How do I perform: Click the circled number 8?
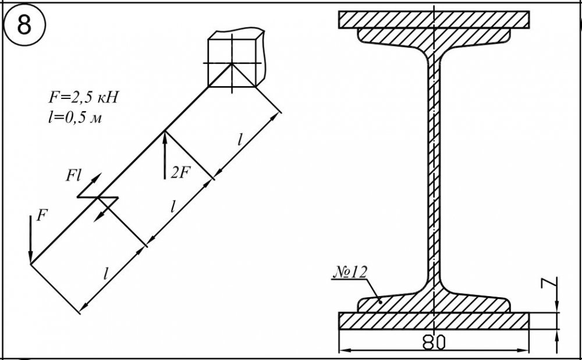pyautogui.click(x=24, y=25)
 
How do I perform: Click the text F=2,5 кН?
pyautogui.click(x=84, y=98)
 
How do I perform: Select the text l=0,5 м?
pyautogui.click(x=75, y=118)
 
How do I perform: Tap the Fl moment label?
pyautogui.click(x=73, y=176)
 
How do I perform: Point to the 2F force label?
pyautogui.click(x=180, y=172)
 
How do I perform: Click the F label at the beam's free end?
pyautogui.click(x=42, y=215)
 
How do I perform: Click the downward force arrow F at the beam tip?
pyautogui.click(x=31, y=240)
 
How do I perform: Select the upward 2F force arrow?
pyautogui.click(x=165, y=155)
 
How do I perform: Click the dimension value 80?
pyautogui.click(x=434, y=343)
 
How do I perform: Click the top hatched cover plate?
pyautogui.click(x=434, y=20)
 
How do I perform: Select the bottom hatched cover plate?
pyautogui.click(x=434, y=320)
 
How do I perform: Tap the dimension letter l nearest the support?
pyautogui.click(x=240, y=140)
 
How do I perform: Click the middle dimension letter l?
pyautogui.click(x=173, y=207)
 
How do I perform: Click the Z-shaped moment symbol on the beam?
pyautogui.click(x=98, y=197)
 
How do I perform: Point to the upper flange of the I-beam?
pyautogui.click(x=434, y=37)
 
